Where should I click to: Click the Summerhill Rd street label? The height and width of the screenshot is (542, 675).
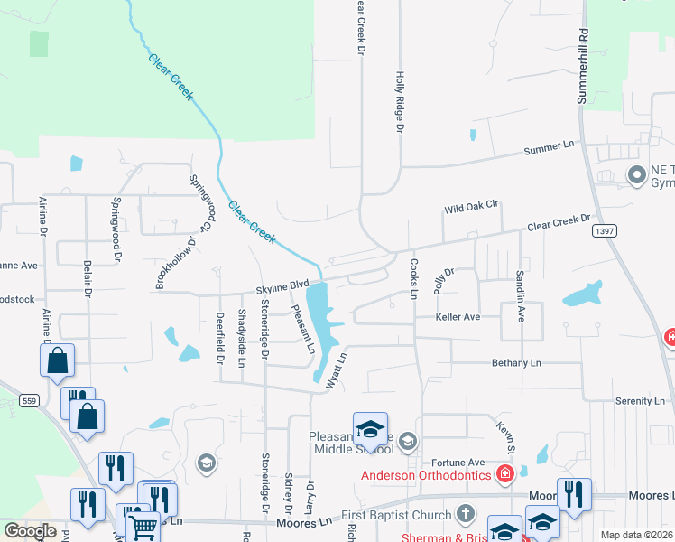click(x=583, y=67)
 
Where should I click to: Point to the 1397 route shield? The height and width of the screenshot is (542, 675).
click(x=605, y=231)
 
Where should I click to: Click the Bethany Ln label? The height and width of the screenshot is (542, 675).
click(x=515, y=363)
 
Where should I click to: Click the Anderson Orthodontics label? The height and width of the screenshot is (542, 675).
click(x=426, y=474)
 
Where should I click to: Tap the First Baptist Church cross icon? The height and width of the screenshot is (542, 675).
click(x=465, y=514)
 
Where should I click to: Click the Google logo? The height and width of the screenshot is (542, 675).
click(x=30, y=531)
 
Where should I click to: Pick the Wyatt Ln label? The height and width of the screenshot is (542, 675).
click(x=336, y=370)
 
